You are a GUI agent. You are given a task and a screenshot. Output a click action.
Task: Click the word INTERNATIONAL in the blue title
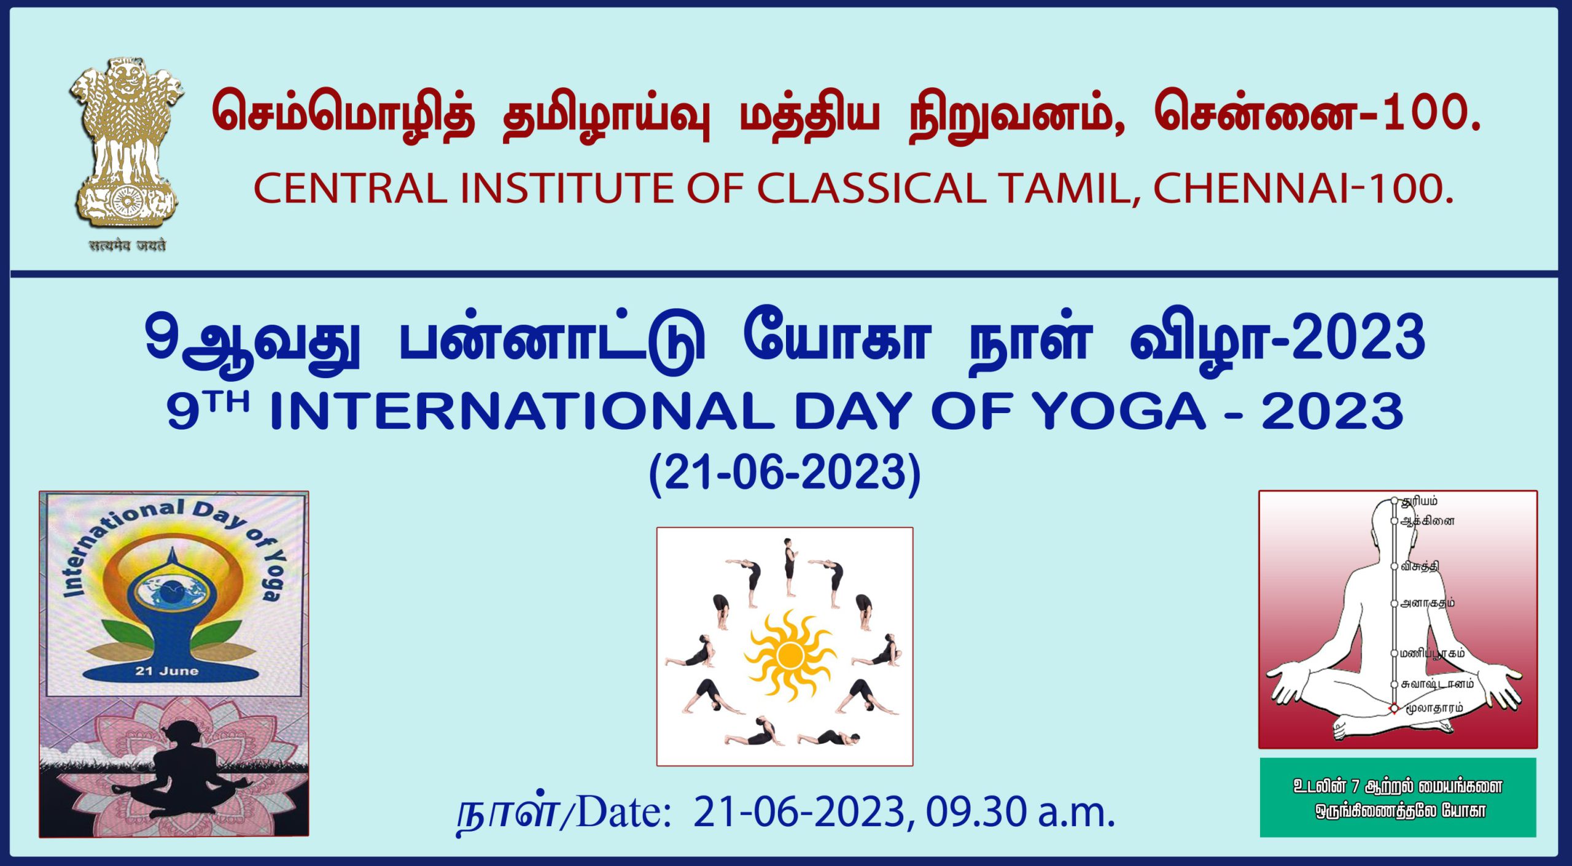(522, 412)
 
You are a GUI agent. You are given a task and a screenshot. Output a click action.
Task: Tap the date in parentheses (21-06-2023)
(785, 473)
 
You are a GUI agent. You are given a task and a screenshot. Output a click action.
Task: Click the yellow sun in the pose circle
(790, 655)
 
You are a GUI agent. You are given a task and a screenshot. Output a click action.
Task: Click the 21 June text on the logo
(167, 671)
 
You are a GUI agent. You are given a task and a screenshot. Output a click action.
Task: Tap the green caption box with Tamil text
(1398, 797)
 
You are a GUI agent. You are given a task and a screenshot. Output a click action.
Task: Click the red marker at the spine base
(1394, 709)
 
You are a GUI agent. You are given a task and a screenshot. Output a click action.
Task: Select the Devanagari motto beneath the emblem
(127, 245)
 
